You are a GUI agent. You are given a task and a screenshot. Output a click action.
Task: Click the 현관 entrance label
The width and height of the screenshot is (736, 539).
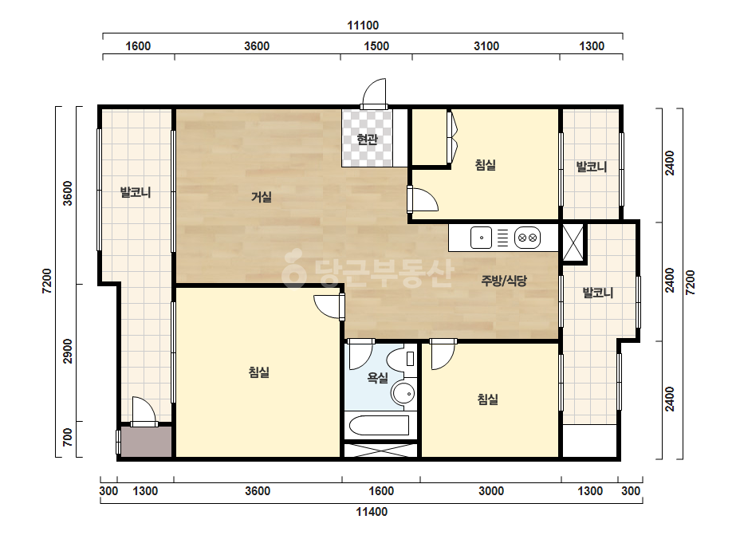coord(367,139)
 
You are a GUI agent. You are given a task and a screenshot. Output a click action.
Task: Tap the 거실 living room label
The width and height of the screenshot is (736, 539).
coord(262,197)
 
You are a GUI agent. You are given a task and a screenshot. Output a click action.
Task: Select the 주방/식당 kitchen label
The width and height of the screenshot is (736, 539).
coord(504,281)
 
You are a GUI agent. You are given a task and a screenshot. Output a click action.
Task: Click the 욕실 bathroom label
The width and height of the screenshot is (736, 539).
coord(377,377)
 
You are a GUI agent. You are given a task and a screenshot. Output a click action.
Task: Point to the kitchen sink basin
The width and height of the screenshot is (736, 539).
coord(481,238)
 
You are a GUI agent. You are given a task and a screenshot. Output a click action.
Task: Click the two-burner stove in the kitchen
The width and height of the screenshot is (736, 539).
coord(528,238)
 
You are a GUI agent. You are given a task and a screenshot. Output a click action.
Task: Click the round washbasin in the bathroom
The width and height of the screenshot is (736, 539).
coord(403,393)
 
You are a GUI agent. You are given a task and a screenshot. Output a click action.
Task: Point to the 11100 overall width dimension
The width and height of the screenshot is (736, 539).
coord(363,26)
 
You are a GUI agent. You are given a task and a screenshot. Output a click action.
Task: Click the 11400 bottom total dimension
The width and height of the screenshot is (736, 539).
coord(372,512)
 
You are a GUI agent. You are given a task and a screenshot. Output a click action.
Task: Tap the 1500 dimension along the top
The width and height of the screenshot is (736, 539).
coord(376,46)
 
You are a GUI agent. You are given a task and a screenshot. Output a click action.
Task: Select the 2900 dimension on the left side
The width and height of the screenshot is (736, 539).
coord(68,351)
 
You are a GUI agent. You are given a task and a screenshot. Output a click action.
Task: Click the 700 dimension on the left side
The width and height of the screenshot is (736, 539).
coord(68,437)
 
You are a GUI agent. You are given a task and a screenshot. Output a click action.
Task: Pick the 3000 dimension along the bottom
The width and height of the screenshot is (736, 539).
coord(491,491)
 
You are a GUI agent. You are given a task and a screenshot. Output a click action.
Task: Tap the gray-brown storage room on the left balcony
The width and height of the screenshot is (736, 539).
coord(146,442)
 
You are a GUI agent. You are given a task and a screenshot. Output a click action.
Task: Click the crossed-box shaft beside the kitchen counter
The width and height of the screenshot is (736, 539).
coord(573,242)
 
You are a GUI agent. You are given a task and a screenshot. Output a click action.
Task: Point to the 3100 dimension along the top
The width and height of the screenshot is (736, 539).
coord(486,46)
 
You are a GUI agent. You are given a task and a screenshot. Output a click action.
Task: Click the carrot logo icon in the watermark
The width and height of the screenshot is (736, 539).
coord(293,268)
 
